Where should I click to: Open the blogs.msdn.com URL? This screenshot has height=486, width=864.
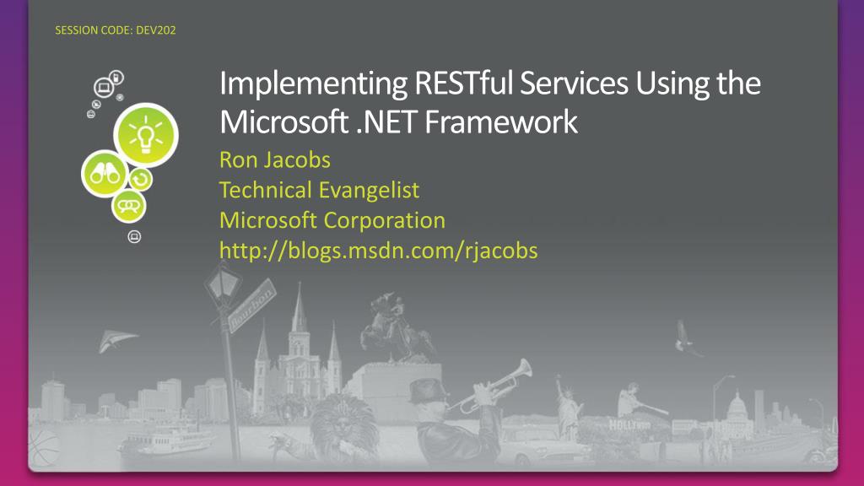[378, 251]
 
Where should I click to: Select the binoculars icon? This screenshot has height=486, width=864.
[104, 175]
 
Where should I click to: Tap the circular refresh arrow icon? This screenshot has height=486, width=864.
[139, 179]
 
